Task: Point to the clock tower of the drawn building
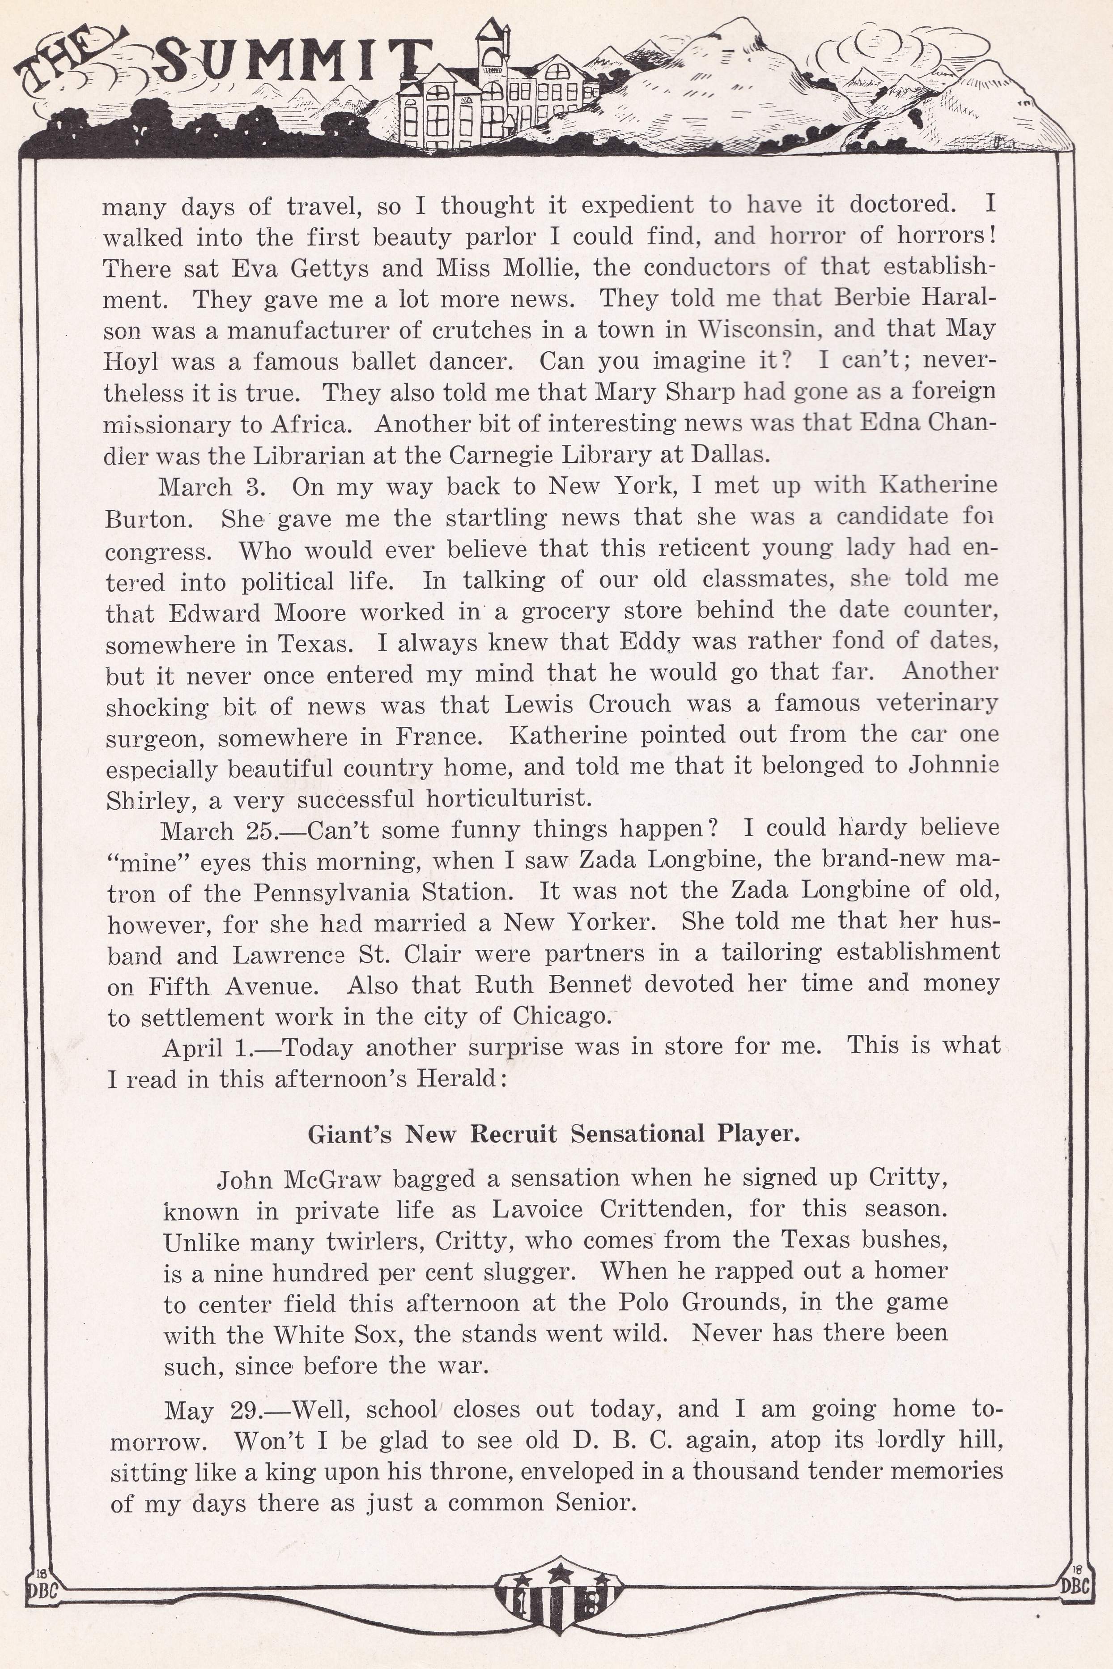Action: tap(492, 53)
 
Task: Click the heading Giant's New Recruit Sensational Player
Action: tap(554, 1134)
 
